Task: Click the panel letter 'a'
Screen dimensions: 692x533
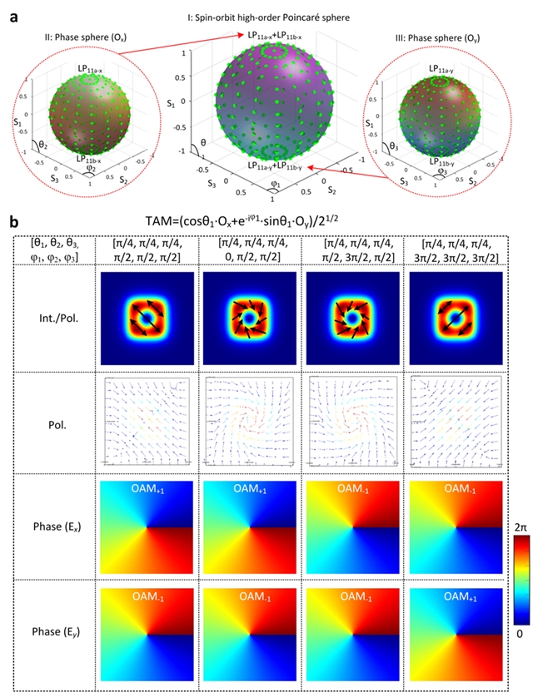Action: (11, 12)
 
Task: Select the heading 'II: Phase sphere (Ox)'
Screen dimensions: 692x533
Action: (78, 38)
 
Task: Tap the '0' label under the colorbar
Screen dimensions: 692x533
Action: (511, 635)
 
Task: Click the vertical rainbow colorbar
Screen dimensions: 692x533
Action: (511, 580)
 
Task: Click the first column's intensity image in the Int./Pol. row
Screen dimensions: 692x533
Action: (147, 317)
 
